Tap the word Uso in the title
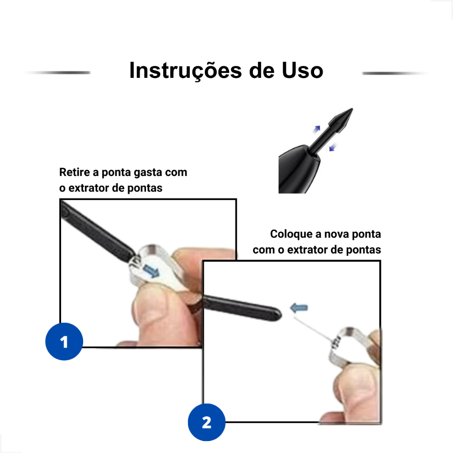click(x=302, y=70)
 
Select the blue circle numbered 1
click(x=64, y=342)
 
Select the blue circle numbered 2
click(x=207, y=422)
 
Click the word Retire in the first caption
click(x=74, y=172)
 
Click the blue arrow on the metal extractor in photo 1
click(x=151, y=271)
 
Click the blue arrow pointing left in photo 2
click(x=299, y=308)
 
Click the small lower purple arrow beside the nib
click(x=333, y=147)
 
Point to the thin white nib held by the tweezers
click(x=314, y=328)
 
